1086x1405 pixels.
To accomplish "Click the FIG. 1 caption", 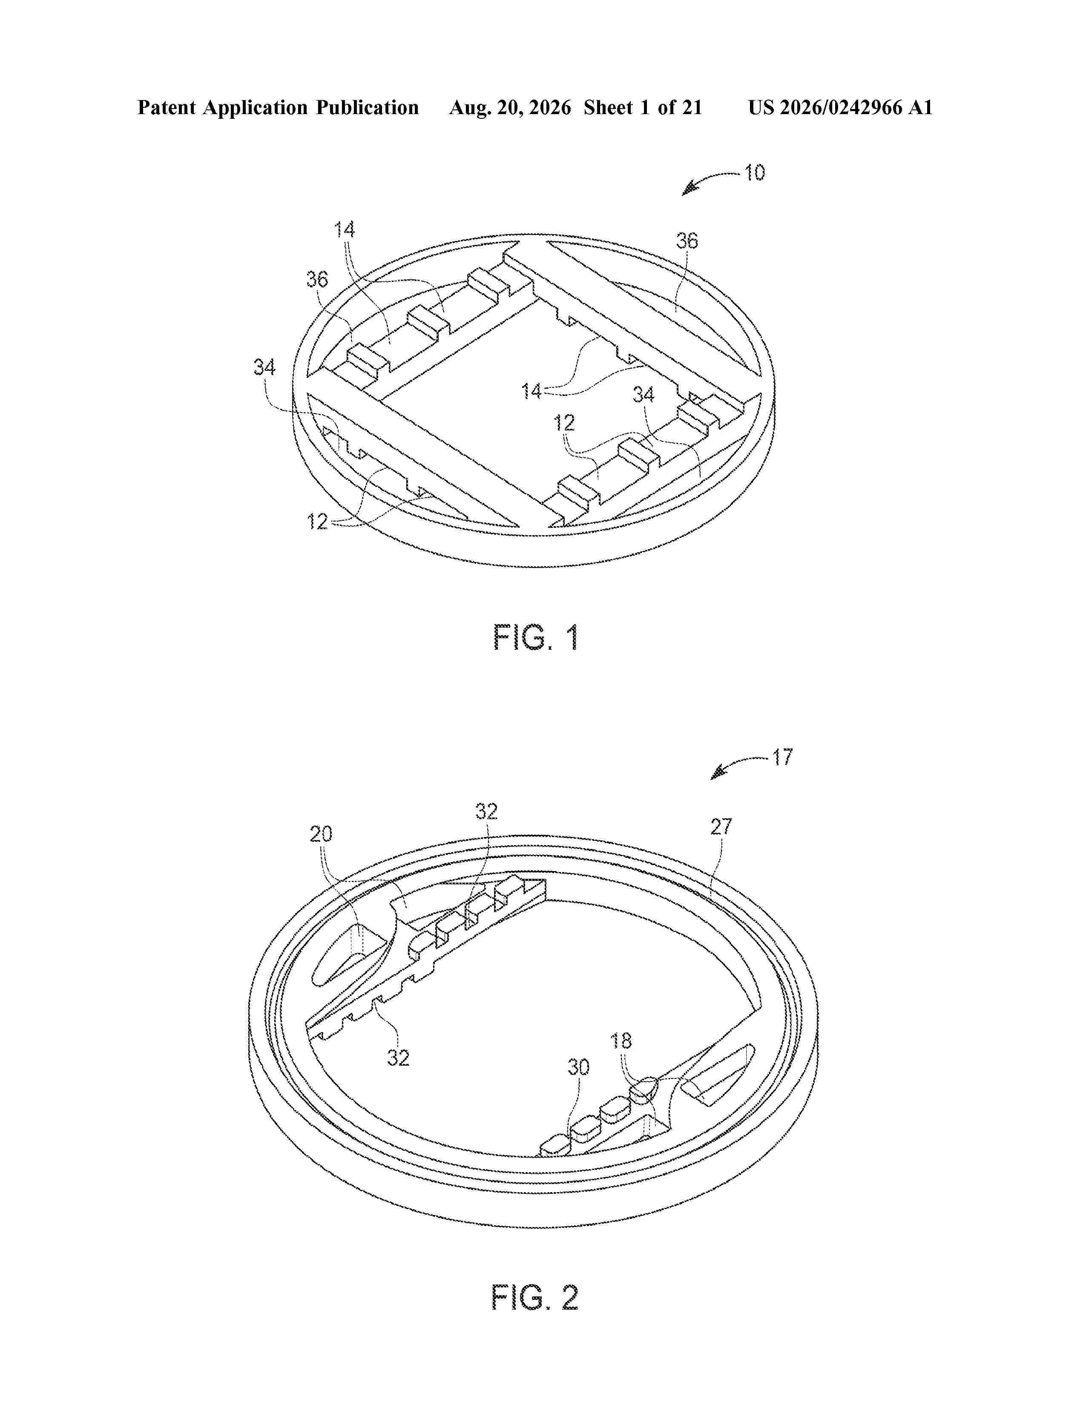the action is tap(536, 637).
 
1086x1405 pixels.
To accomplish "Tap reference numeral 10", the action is tap(755, 172).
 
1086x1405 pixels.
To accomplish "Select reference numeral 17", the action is tap(782, 757).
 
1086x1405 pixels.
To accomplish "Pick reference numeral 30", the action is tap(578, 1068).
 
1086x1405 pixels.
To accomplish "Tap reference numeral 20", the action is tap(321, 834).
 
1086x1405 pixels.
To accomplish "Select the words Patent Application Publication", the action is tap(278, 107).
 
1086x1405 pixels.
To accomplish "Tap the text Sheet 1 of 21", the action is tap(643, 107).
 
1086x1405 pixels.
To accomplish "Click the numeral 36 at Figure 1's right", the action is tap(687, 241).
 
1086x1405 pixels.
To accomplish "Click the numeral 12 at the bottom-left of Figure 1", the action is tap(318, 521).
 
